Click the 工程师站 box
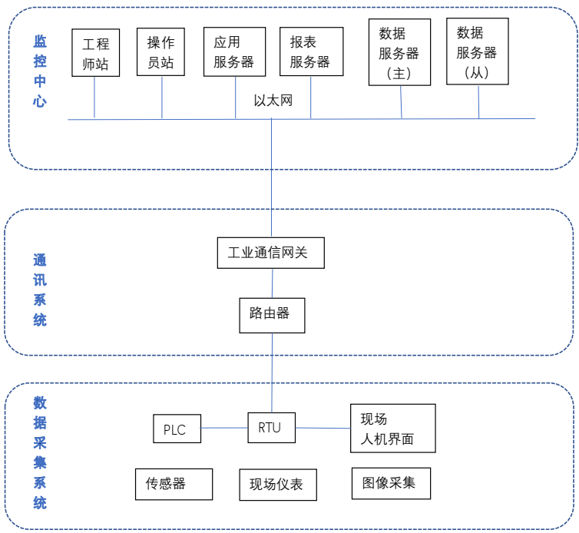[96, 52]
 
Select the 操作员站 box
[162, 51]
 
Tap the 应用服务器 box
[234, 52]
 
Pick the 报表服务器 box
[309, 52]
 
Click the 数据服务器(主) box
[399, 53]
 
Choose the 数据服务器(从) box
[477, 52]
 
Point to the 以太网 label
[273, 101]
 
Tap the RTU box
[271, 428]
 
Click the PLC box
[176, 429]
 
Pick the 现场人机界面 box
[392, 429]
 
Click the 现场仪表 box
[277, 485]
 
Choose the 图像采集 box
[391, 483]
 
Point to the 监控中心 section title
[40, 71]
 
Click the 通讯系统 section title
[40, 290]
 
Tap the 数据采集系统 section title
[40, 452]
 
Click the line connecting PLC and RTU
[224, 428]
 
